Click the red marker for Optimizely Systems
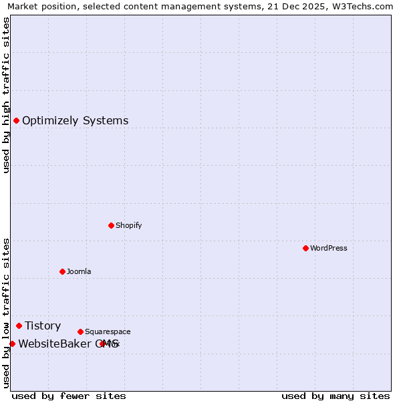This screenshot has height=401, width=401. pyautogui.click(x=16, y=120)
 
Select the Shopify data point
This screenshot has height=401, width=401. pyautogui.click(x=111, y=225)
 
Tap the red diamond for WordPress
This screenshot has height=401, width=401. pyautogui.click(x=305, y=248)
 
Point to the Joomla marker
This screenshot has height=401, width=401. pyautogui.click(x=62, y=271)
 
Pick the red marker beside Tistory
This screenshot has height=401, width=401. pyautogui.click(x=19, y=325)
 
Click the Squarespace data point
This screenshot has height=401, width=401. pyautogui.click(x=80, y=331)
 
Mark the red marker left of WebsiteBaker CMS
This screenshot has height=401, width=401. pyautogui.click(x=12, y=344)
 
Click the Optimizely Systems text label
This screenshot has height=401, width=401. pyautogui.click(x=75, y=121)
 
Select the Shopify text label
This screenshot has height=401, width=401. pyautogui.click(x=128, y=226)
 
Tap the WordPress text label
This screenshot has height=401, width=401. pyautogui.click(x=328, y=249)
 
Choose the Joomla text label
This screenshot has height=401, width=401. pyautogui.click(x=79, y=272)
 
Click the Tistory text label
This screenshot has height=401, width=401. pyautogui.click(x=43, y=326)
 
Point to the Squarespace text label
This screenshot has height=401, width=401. pyautogui.click(x=108, y=332)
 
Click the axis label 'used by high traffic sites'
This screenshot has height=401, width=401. pyautogui.click(x=7, y=96)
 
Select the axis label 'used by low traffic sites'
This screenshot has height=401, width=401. pyautogui.click(x=7, y=313)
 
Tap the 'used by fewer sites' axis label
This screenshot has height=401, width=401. pyautogui.click(x=69, y=396)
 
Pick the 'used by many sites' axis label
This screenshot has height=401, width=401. pyautogui.click(x=336, y=396)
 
